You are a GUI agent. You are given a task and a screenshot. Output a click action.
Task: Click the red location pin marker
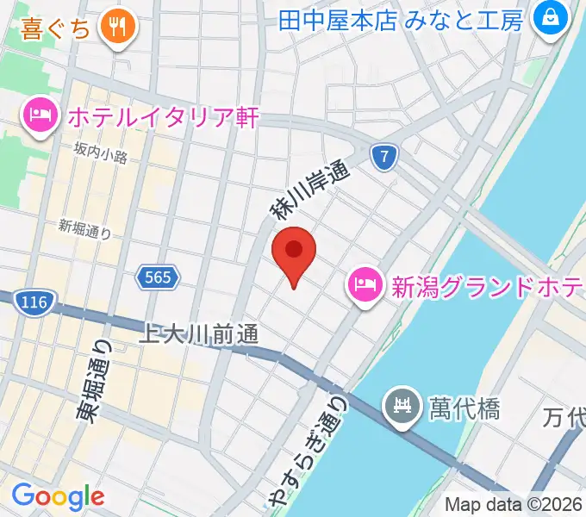294,251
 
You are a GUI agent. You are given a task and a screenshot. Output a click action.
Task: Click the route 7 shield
387,157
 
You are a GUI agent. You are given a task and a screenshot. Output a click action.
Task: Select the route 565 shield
158,277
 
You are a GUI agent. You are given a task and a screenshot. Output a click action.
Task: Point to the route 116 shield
34,302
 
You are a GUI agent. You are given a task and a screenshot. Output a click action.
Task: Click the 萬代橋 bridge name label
464,406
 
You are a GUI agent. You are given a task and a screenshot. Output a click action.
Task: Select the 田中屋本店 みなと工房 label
401,19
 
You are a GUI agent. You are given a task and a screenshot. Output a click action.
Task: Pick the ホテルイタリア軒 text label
162,116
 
